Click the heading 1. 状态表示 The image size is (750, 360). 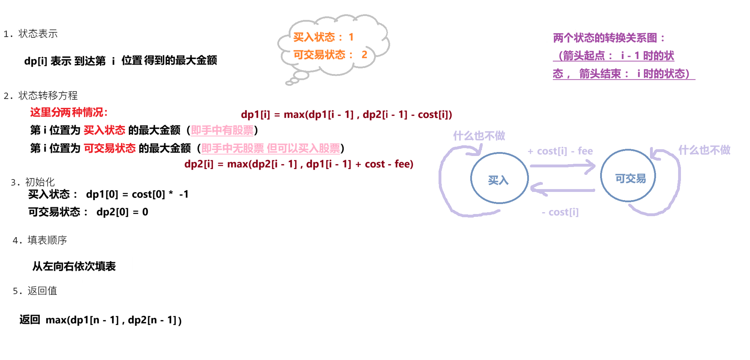31,34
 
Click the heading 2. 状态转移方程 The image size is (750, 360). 41,95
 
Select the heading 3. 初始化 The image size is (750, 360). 33,182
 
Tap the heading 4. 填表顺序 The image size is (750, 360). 40,240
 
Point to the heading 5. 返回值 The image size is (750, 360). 35,291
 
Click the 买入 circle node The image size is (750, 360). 499,178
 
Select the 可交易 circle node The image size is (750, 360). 628,176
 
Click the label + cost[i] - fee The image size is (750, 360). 560,151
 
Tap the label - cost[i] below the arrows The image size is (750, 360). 560,212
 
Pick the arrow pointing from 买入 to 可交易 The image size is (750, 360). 562,166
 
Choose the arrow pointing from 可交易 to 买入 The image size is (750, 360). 562,190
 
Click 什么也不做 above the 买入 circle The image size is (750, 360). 479,135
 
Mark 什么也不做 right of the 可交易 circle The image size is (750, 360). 704,150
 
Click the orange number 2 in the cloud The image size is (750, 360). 364,54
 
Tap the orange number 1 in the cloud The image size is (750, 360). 351,37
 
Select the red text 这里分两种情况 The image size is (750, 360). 69,112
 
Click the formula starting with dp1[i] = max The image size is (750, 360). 346,114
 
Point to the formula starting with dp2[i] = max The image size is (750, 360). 299,164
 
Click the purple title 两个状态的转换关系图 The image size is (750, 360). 609,38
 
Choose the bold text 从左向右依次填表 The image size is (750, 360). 74,266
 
